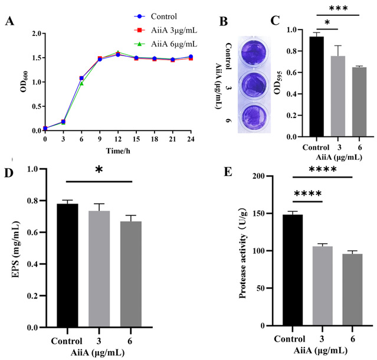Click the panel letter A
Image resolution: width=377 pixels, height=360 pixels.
[x=10, y=22]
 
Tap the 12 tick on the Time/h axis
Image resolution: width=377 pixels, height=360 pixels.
[x=118, y=138]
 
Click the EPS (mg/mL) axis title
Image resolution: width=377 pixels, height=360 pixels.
[x=16, y=248]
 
